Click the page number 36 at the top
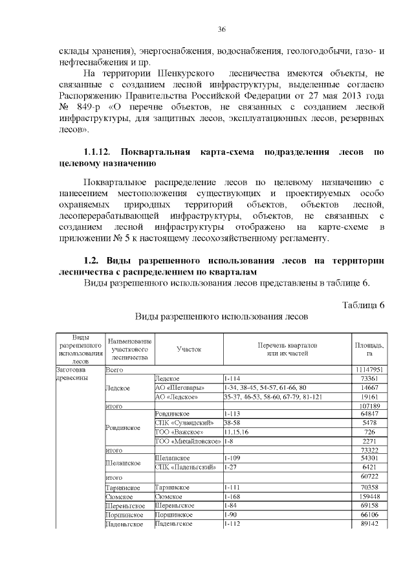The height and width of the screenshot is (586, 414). coord(221,30)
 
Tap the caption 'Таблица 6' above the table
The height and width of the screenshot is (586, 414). coord(364,305)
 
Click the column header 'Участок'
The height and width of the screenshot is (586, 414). coord(189,349)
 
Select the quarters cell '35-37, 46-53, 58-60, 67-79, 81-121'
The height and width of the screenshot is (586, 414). coord(272,396)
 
